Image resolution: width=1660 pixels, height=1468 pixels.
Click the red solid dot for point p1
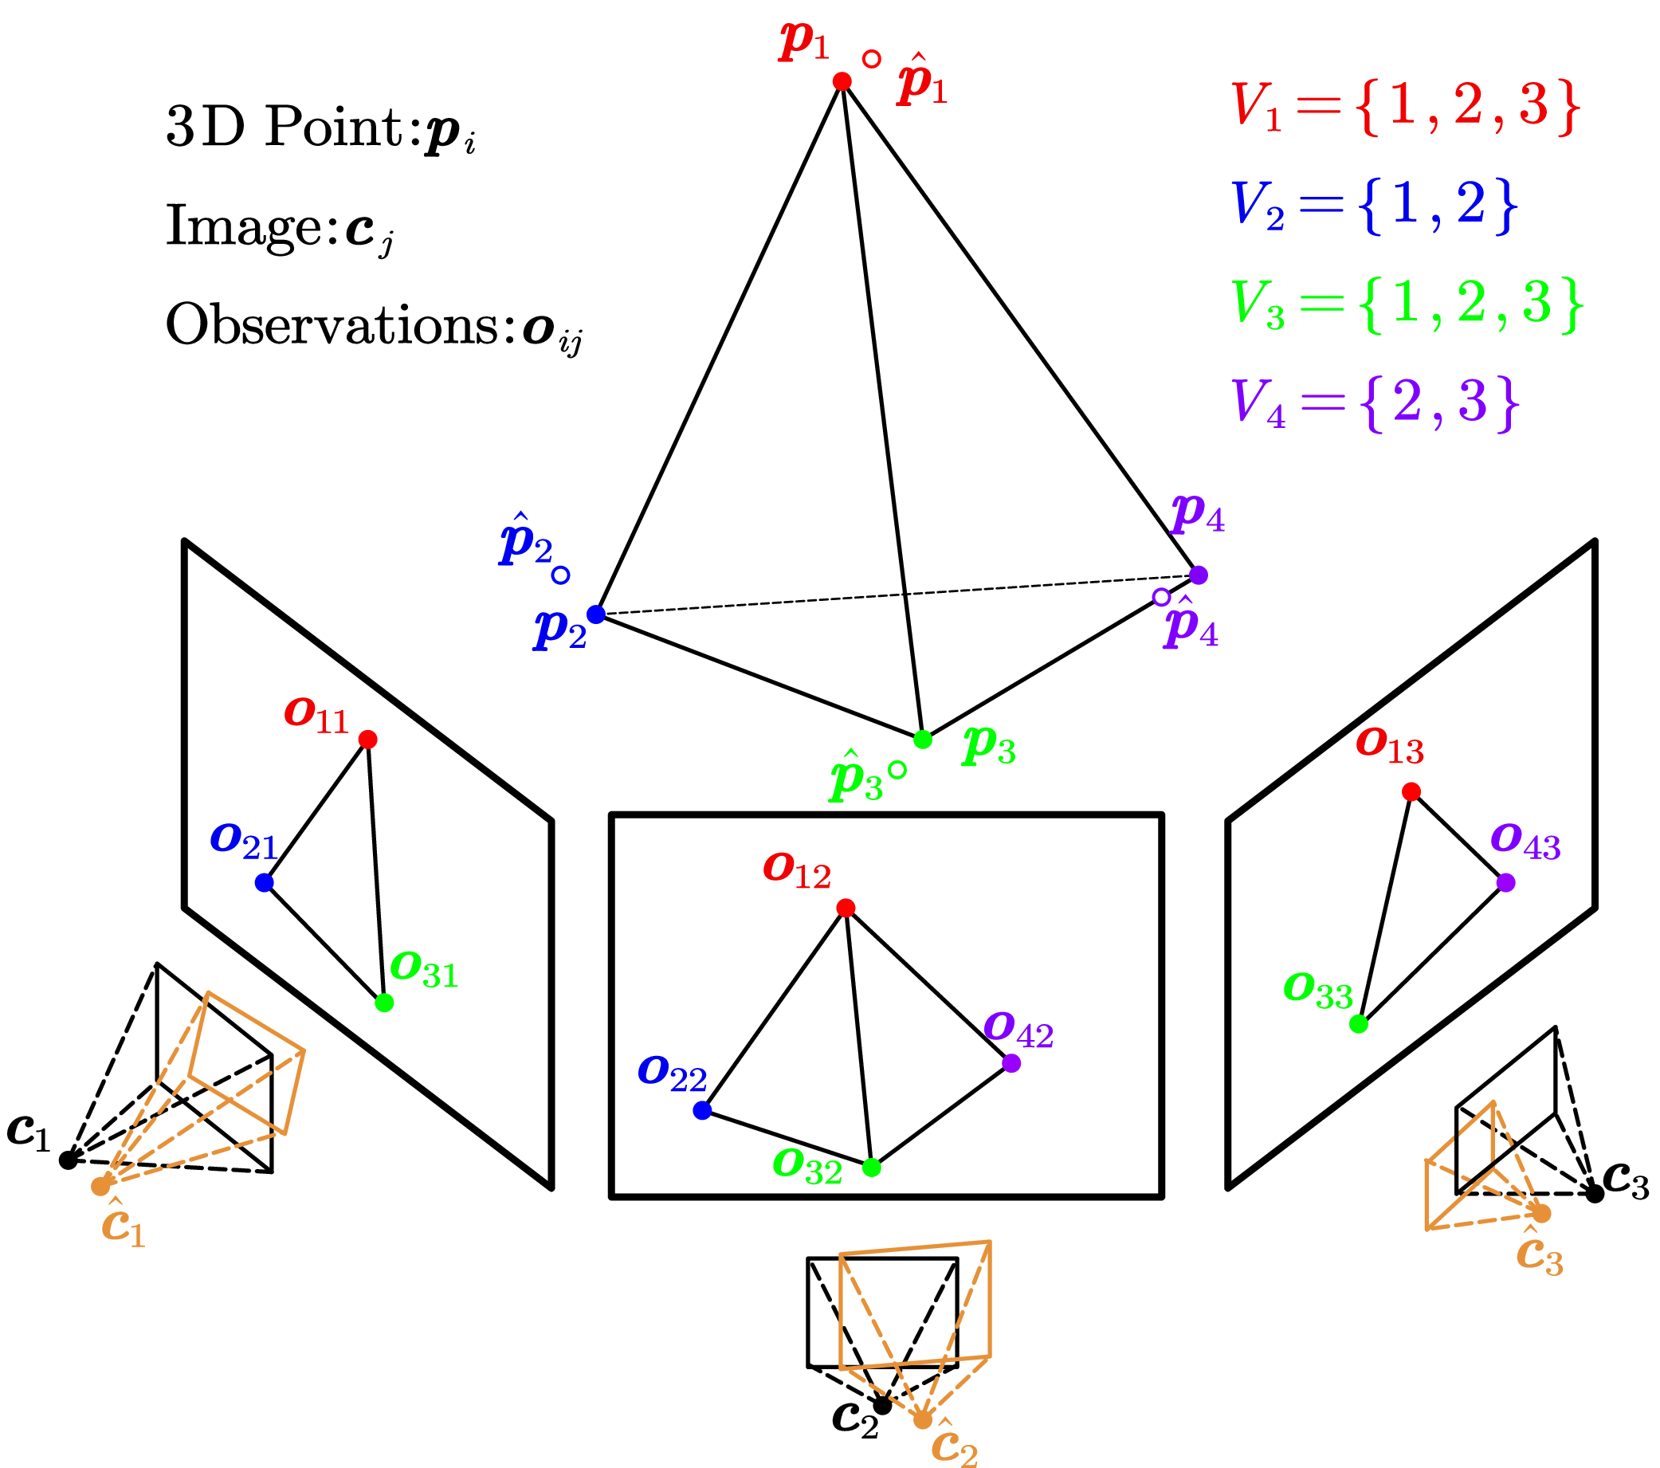[842, 81]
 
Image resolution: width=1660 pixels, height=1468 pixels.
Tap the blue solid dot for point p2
[596, 614]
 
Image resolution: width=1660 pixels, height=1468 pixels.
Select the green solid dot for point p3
[923, 739]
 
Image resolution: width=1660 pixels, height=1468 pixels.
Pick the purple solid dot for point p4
[1198, 575]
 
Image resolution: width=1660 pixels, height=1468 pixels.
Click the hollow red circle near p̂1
[871, 59]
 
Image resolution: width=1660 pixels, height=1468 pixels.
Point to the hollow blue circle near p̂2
[560, 575]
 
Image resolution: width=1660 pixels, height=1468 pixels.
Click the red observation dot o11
[368, 739]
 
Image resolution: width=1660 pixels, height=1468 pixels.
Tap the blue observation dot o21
[264, 882]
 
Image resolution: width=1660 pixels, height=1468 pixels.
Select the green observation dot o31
[384, 1003]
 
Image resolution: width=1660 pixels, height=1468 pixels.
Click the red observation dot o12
[846, 908]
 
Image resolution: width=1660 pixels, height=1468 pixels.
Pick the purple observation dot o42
[1011, 1063]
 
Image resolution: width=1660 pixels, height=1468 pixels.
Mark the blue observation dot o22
[703, 1110]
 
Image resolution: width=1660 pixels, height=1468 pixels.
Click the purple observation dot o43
[1505, 882]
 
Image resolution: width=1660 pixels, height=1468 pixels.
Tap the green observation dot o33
[1358, 1024]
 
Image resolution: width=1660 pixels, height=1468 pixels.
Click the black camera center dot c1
[69, 1160]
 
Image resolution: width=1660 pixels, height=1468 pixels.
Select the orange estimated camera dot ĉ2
[922, 1419]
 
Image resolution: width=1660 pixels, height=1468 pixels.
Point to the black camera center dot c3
[1595, 1194]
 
